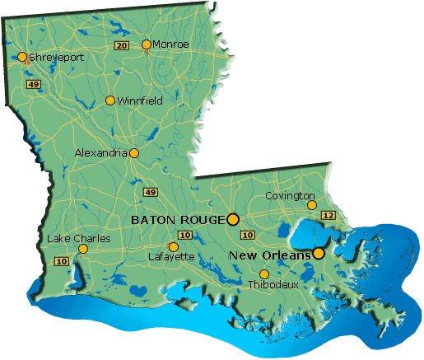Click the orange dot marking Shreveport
tap(21, 58)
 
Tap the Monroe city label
tap(171, 44)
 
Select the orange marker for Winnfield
tap(110, 101)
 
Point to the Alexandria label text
tap(101, 152)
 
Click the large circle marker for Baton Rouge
tap(233, 219)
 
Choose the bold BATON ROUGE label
tap(178, 220)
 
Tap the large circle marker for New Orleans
tap(318, 254)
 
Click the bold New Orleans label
tap(269, 255)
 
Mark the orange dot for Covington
tap(311, 205)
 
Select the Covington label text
tap(290, 195)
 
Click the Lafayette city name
tap(171, 257)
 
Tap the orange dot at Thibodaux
tap(264, 274)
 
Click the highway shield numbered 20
tap(122, 44)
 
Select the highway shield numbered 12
tap(328, 215)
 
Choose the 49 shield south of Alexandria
tap(150, 192)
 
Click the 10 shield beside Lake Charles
tap(60, 261)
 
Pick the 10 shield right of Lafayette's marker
tap(185, 236)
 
